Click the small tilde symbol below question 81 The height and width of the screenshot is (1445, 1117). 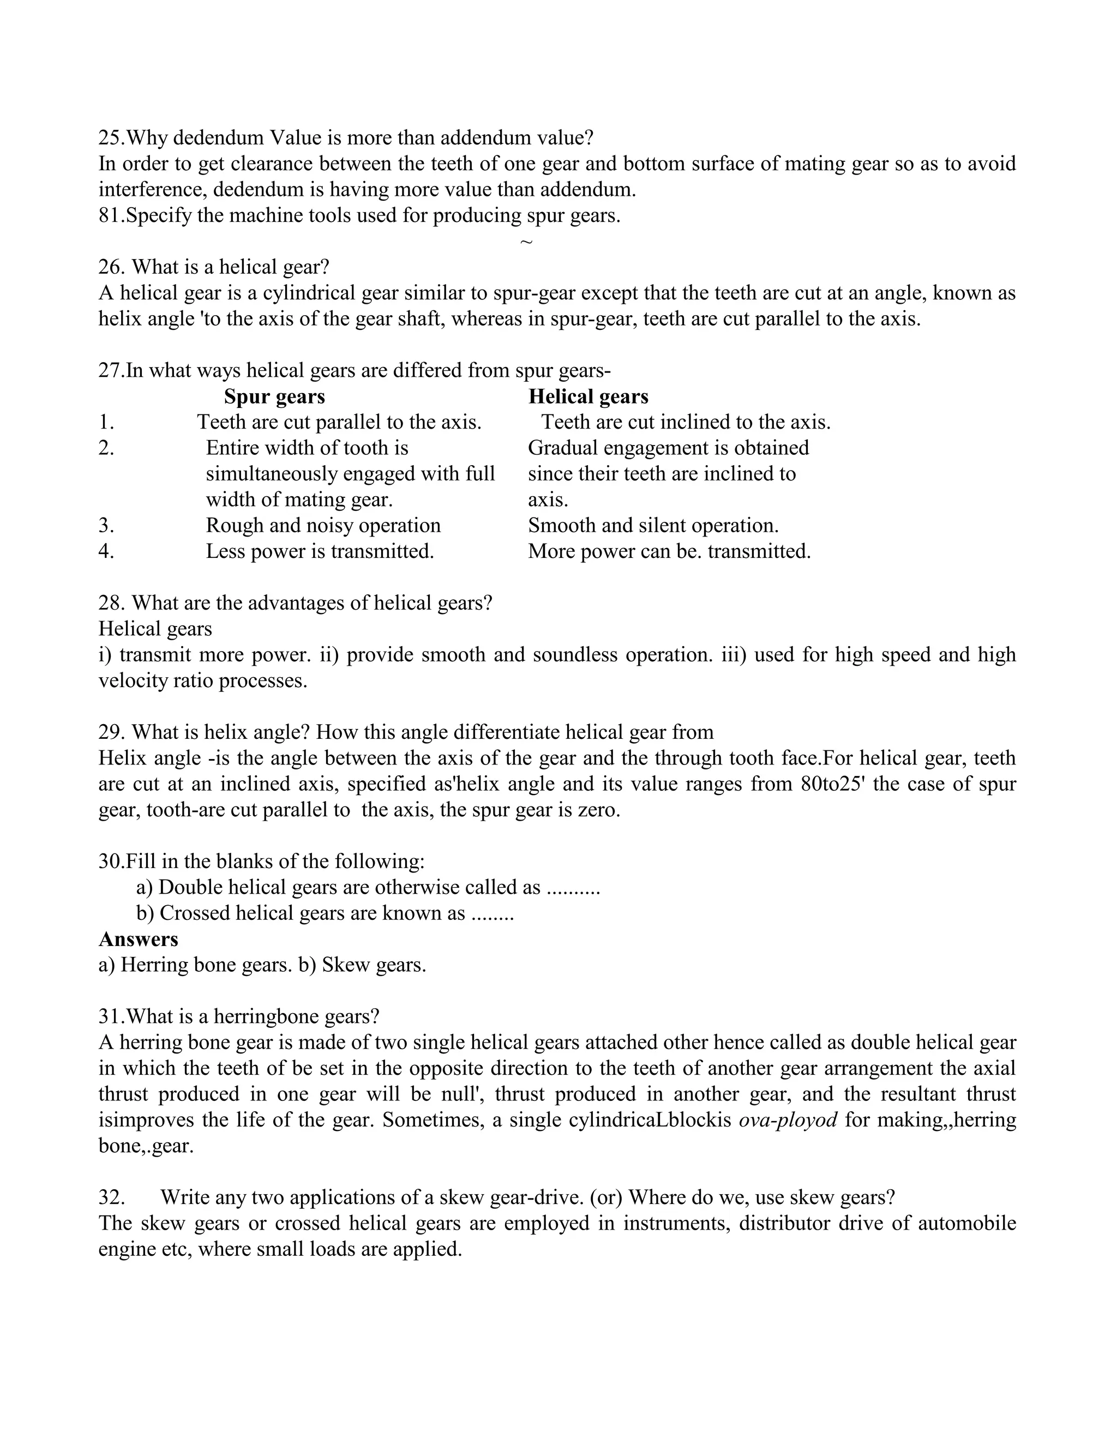point(526,242)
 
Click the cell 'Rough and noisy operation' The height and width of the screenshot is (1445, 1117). point(323,525)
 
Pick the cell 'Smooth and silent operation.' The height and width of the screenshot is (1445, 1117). point(652,525)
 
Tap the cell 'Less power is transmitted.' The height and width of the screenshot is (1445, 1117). point(320,551)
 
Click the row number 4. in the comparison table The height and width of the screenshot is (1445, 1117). point(106,551)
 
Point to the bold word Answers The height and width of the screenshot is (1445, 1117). point(139,939)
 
